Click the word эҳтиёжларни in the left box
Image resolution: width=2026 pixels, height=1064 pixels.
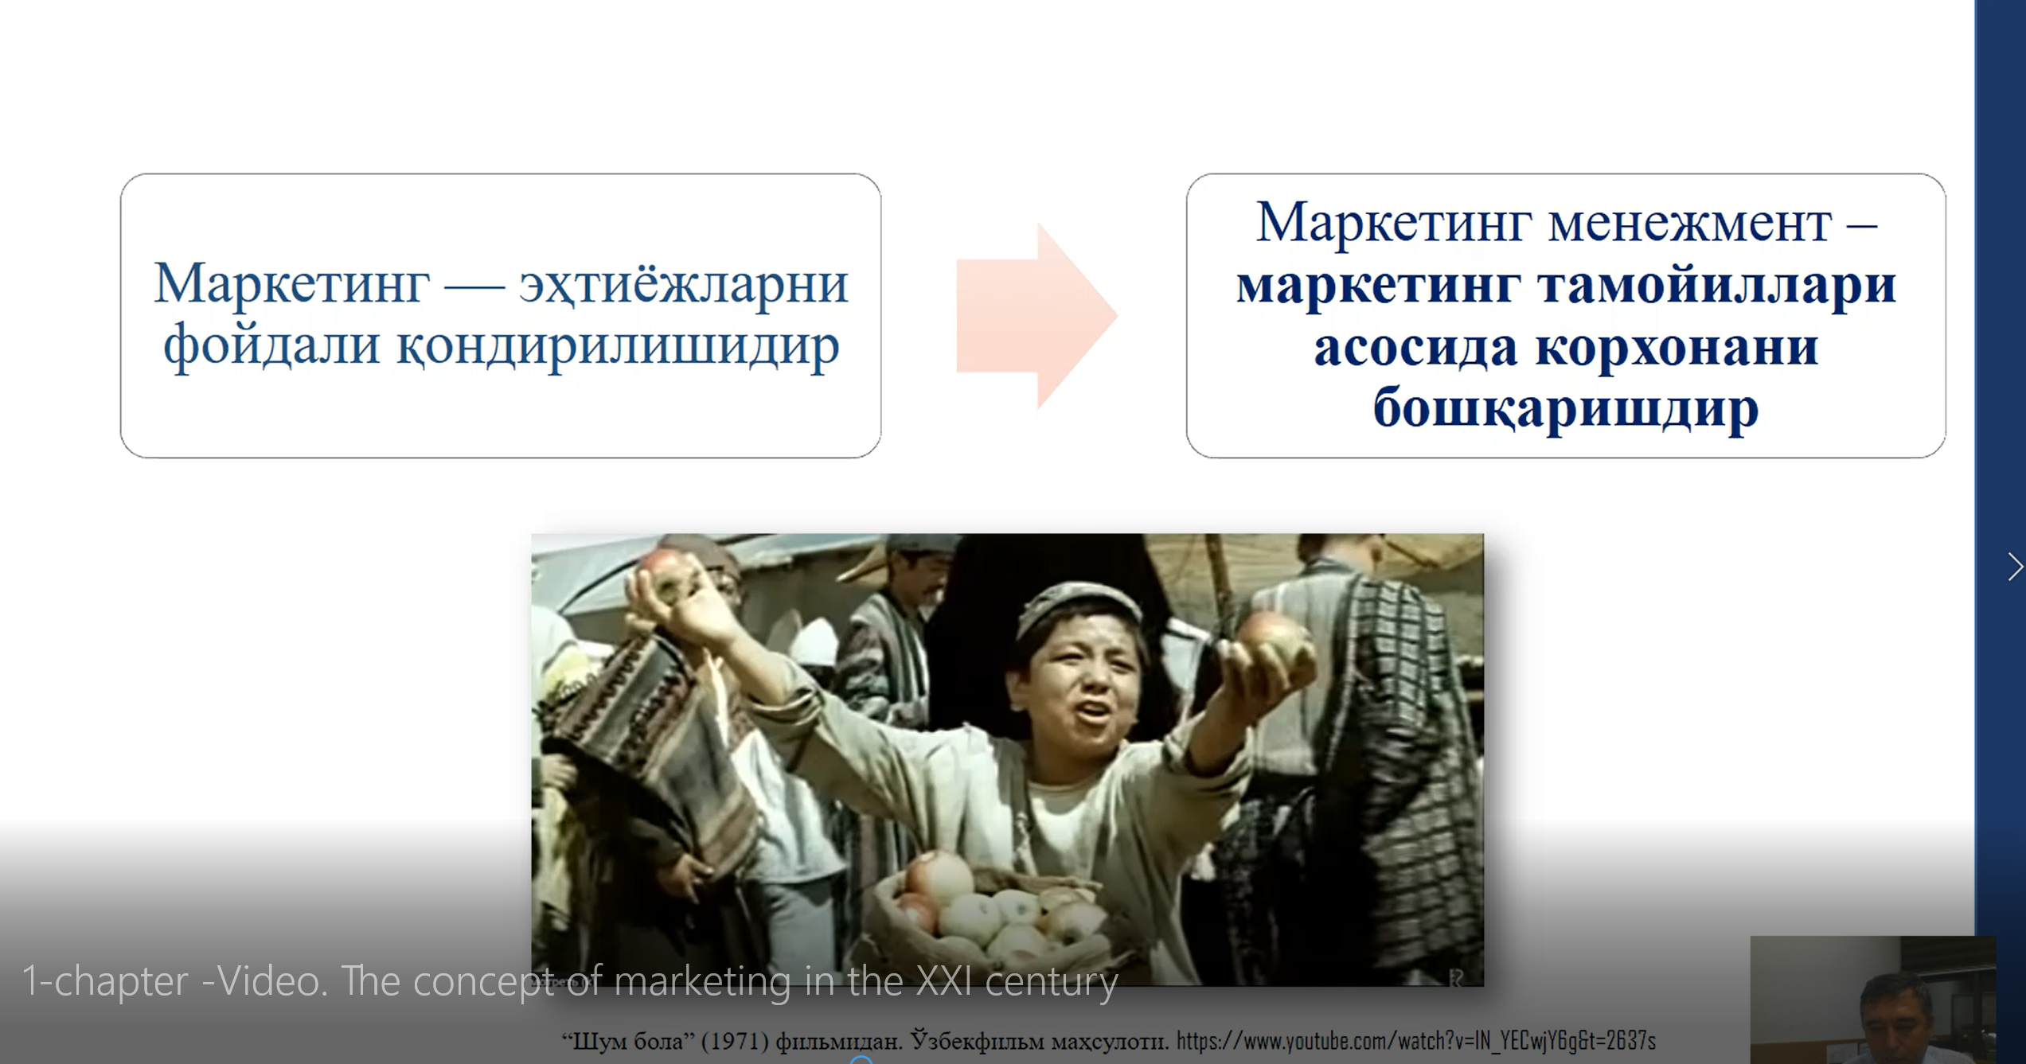click(x=684, y=284)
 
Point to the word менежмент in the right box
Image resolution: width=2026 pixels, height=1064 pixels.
click(x=1690, y=224)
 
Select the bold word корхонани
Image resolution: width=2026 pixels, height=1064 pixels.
click(x=1677, y=348)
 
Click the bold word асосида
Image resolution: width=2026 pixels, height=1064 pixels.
click(x=1415, y=348)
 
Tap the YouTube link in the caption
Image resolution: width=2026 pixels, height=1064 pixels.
click(x=1416, y=1041)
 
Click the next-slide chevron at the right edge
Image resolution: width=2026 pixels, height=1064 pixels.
click(x=2015, y=567)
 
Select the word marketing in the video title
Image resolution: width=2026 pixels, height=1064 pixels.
click(x=703, y=982)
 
